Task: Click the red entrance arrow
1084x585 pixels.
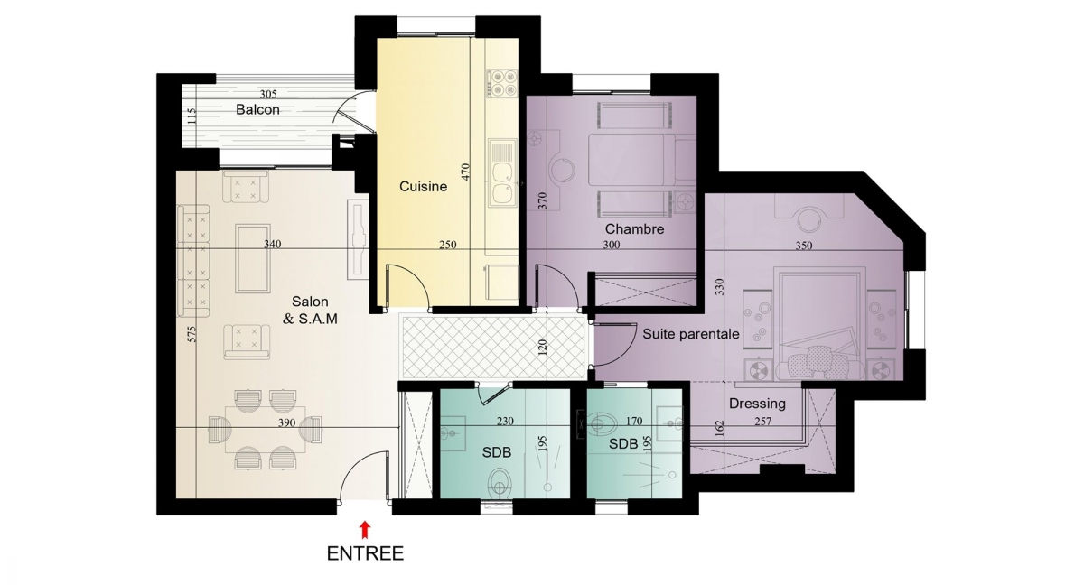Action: (365, 529)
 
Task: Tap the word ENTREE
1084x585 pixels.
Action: (365, 554)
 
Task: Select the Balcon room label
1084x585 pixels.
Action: (258, 110)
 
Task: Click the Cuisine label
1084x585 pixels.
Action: (423, 187)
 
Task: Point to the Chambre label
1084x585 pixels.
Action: (634, 228)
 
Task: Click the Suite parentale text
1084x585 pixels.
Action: (691, 334)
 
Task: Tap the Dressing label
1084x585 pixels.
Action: (757, 404)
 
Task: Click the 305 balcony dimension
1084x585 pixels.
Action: (268, 94)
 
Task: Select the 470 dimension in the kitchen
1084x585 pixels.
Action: (465, 172)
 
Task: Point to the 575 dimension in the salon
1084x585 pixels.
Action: (192, 335)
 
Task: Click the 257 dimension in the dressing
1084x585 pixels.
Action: (762, 422)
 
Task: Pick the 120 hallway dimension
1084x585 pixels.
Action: (542, 348)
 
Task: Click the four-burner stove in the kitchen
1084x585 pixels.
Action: (503, 83)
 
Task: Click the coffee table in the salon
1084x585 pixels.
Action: (253, 259)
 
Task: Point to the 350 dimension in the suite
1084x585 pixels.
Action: (804, 246)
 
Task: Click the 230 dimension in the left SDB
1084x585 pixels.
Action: (505, 421)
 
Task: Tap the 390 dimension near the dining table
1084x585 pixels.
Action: (286, 423)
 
